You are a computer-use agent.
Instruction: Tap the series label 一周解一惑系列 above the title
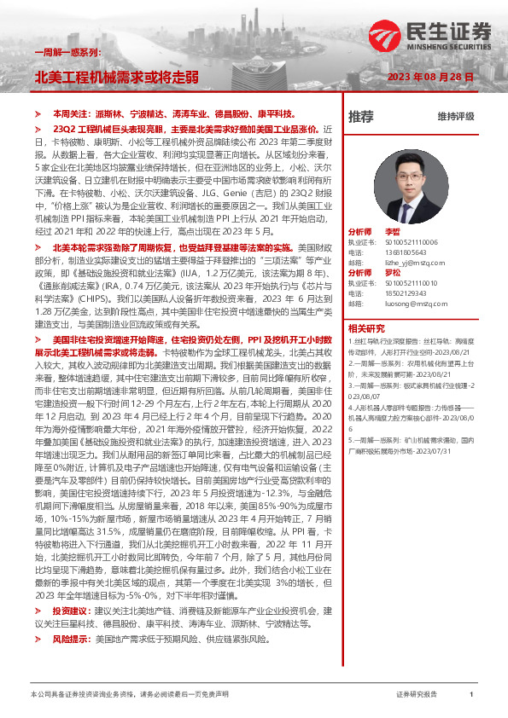tap(61, 53)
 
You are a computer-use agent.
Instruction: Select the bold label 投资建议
tap(69, 612)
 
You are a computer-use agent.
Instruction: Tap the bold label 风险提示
tap(69, 638)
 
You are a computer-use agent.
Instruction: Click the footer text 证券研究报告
tap(417, 694)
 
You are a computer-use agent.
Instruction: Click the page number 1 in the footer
tap(471, 694)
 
